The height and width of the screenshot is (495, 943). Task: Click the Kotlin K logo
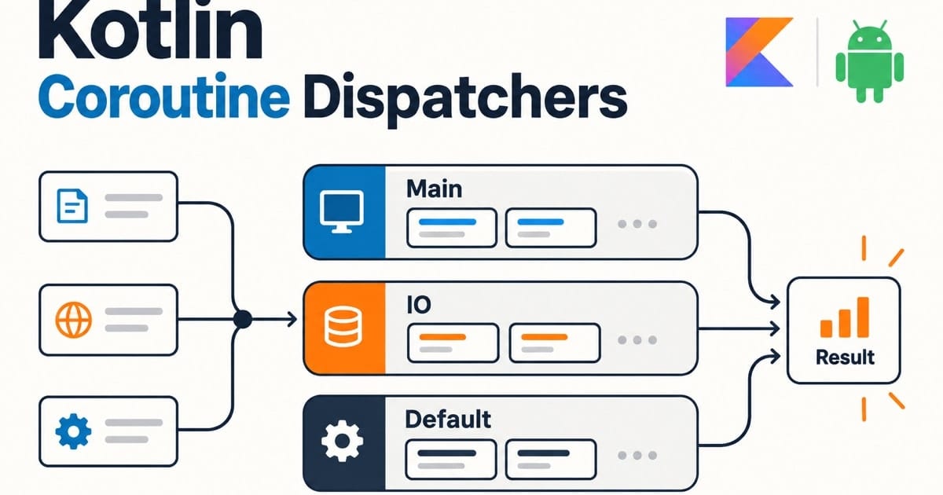[x=759, y=52]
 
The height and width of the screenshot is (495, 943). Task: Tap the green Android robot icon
[x=870, y=61]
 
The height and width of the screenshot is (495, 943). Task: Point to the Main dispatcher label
[x=434, y=189]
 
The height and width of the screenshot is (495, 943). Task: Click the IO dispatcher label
[x=419, y=304]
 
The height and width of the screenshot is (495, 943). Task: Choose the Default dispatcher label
[x=448, y=420]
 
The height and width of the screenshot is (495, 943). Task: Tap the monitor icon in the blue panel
[x=341, y=211]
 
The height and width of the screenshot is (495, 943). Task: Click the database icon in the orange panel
[x=343, y=327]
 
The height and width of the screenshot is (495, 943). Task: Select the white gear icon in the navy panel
[x=342, y=441]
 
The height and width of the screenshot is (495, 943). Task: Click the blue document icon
[x=72, y=206]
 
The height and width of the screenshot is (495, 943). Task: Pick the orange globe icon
[x=73, y=320]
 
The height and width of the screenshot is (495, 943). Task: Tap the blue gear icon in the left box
[x=73, y=431]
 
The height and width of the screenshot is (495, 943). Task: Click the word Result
[x=845, y=357]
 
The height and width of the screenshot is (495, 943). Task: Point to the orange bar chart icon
[x=845, y=317]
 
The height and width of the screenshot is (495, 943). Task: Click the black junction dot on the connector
[x=243, y=320]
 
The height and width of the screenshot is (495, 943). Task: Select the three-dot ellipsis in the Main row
[x=637, y=224]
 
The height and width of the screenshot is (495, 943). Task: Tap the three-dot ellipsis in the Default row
[x=637, y=455]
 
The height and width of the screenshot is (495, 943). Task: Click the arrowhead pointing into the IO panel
[x=292, y=320]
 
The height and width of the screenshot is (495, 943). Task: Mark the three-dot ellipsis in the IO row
[x=637, y=339]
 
